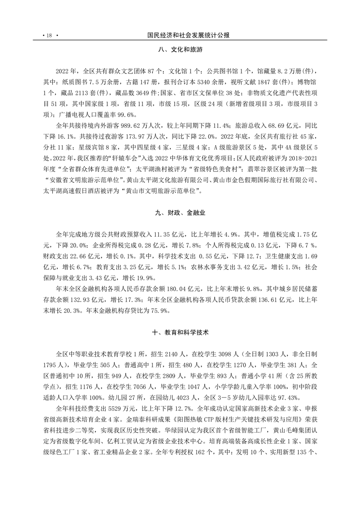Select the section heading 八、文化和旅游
pyautogui.click(x=180, y=51)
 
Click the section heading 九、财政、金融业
pyautogui.click(x=180, y=211)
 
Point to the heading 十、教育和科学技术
pyautogui.click(x=180, y=332)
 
